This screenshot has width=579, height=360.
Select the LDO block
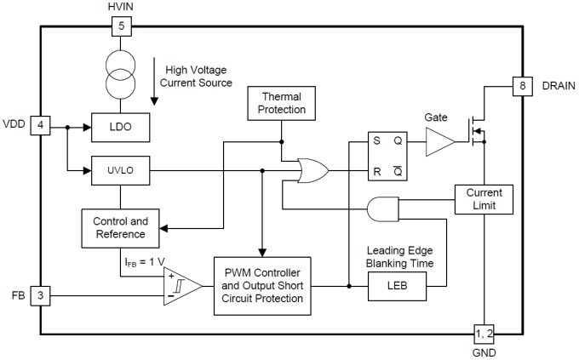click(x=122, y=128)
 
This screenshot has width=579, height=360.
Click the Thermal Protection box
click(x=282, y=105)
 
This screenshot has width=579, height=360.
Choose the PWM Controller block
click(x=265, y=285)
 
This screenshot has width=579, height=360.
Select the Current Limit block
click(x=484, y=200)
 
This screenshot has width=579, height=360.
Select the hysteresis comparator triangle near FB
click(x=181, y=287)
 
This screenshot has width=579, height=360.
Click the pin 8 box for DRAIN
click(x=521, y=86)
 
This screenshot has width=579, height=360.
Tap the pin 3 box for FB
click(x=40, y=296)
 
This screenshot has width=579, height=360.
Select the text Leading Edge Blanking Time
click(x=401, y=257)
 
